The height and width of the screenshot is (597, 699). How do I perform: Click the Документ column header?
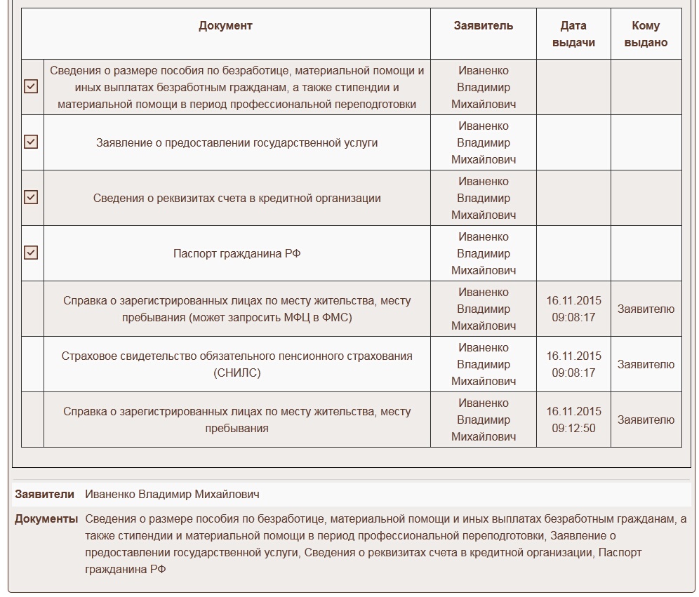(225, 26)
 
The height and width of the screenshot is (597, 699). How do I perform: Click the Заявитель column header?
(483, 26)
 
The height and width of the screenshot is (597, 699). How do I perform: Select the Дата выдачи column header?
(573, 34)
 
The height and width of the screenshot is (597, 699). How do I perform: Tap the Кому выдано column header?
(646, 34)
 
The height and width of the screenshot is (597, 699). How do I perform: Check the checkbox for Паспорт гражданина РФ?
(31, 253)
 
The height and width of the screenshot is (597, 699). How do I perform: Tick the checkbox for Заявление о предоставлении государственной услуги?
(31, 142)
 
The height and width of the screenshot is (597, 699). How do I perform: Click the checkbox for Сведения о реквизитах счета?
(31, 197)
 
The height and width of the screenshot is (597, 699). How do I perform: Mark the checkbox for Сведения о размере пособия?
(31, 86)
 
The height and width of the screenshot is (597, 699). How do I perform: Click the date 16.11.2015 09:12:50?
(573, 420)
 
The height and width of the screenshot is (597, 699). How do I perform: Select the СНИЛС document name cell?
(237, 364)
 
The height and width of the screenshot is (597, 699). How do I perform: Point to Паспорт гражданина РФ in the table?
(237, 253)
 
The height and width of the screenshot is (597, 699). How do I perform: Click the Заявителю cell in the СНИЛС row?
(646, 365)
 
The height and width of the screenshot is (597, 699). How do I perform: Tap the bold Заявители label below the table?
(44, 495)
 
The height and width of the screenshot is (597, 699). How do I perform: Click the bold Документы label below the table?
(46, 519)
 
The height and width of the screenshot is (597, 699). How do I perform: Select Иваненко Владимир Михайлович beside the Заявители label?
(172, 495)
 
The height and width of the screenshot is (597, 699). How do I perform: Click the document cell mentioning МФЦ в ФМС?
(237, 309)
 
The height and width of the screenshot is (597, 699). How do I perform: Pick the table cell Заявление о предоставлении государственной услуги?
(237, 142)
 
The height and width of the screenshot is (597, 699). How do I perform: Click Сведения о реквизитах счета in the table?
(237, 198)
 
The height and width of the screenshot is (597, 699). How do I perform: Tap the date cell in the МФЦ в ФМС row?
(573, 309)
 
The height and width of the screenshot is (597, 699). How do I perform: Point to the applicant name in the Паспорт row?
(483, 253)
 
